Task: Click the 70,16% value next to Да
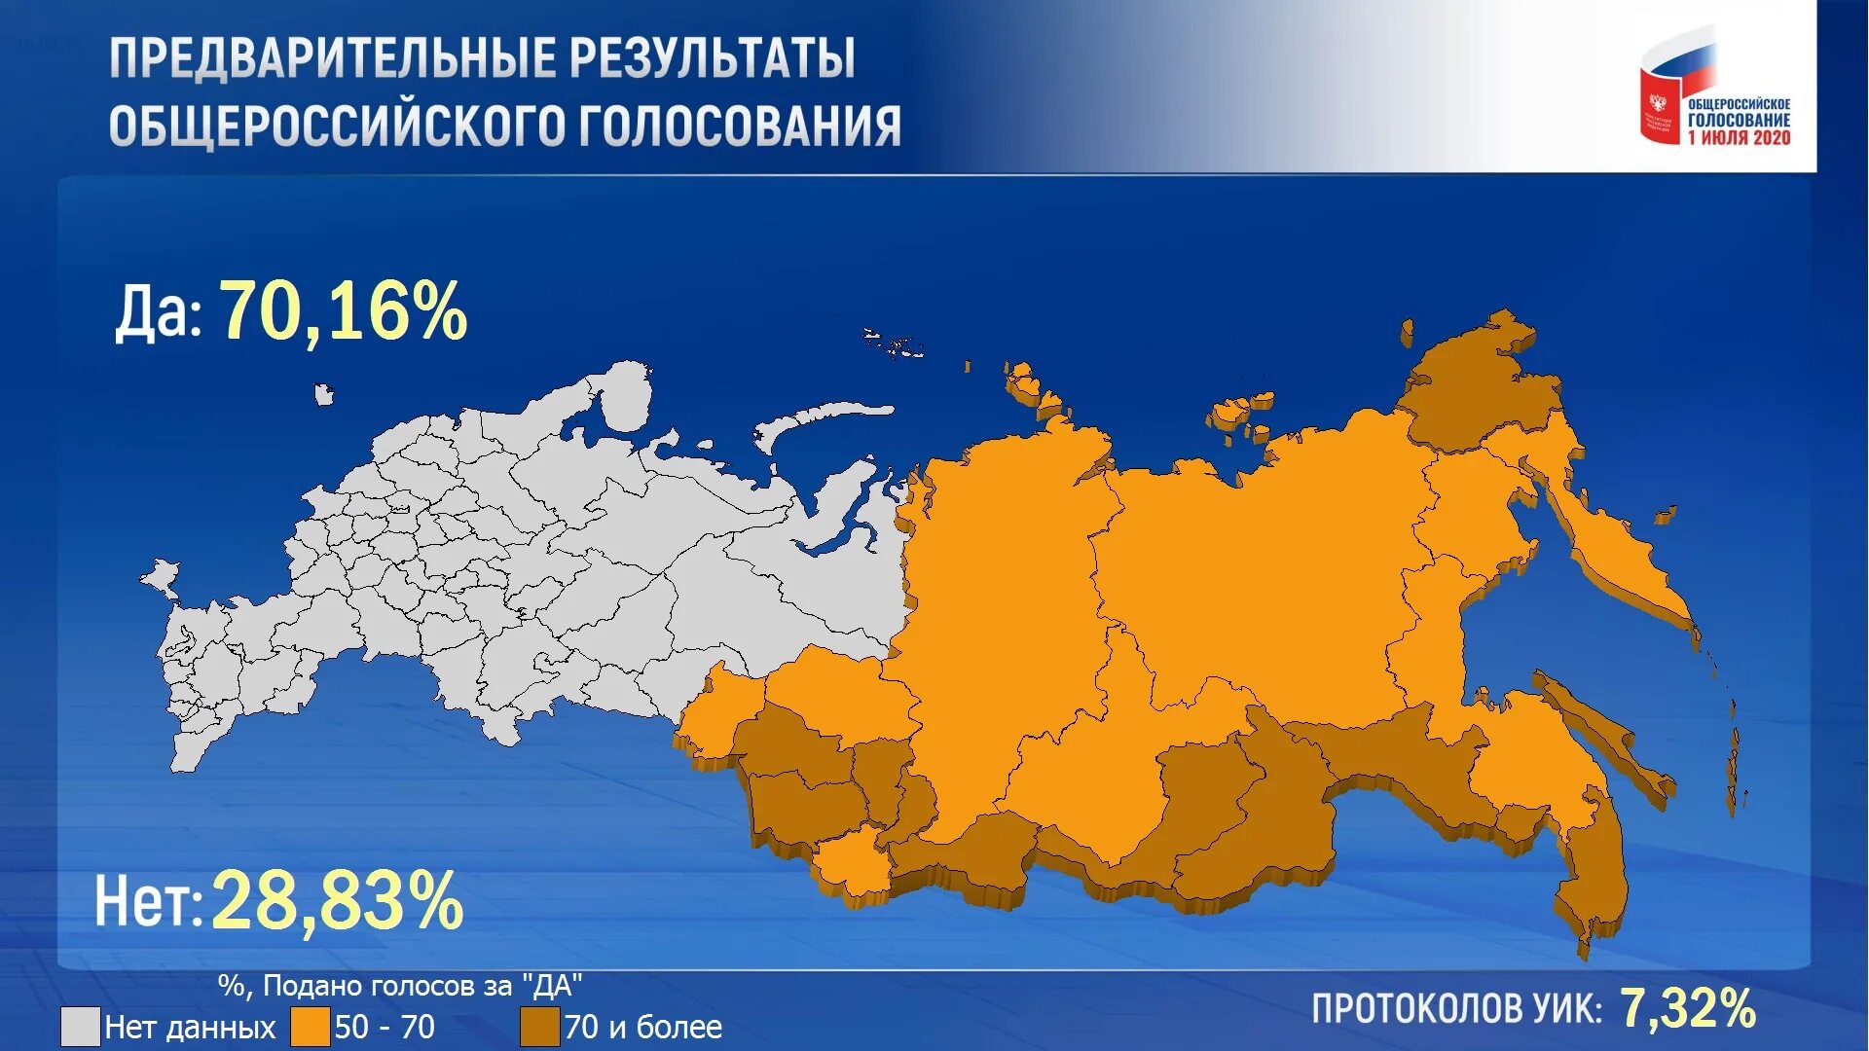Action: [343, 311]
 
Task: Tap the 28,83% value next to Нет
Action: [337, 901]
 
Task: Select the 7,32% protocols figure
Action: [1688, 1008]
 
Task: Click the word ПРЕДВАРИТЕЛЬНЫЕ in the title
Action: [331, 58]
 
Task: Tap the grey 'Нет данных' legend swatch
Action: [80, 1027]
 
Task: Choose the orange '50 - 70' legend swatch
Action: [310, 1027]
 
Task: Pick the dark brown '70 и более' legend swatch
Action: [539, 1027]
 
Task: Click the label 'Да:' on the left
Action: [158, 313]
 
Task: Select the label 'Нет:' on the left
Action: [148, 901]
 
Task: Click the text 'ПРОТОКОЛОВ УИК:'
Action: [1456, 1009]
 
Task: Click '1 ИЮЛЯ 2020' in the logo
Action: [1740, 138]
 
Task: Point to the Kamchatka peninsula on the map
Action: [1616, 555]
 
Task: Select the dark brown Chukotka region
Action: [1470, 389]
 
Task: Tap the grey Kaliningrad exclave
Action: [160, 575]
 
